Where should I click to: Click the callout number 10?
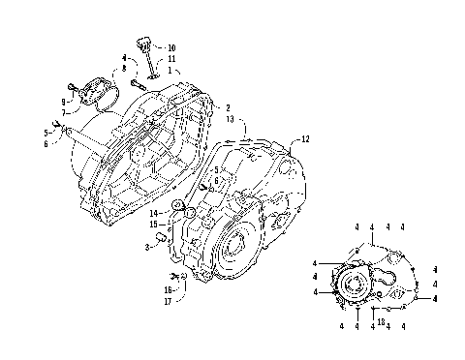(x=171, y=47)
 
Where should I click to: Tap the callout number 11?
(x=171, y=59)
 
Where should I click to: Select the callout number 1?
(x=170, y=71)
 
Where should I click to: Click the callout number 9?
(x=65, y=101)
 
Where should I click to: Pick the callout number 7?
(x=65, y=112)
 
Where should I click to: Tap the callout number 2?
(x=228, y=107)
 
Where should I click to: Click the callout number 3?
(x=146, y=248)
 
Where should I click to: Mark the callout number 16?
(x=168, y=288)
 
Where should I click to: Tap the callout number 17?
(x=168, y=300)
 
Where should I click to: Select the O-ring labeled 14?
(x=178, y=207)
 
